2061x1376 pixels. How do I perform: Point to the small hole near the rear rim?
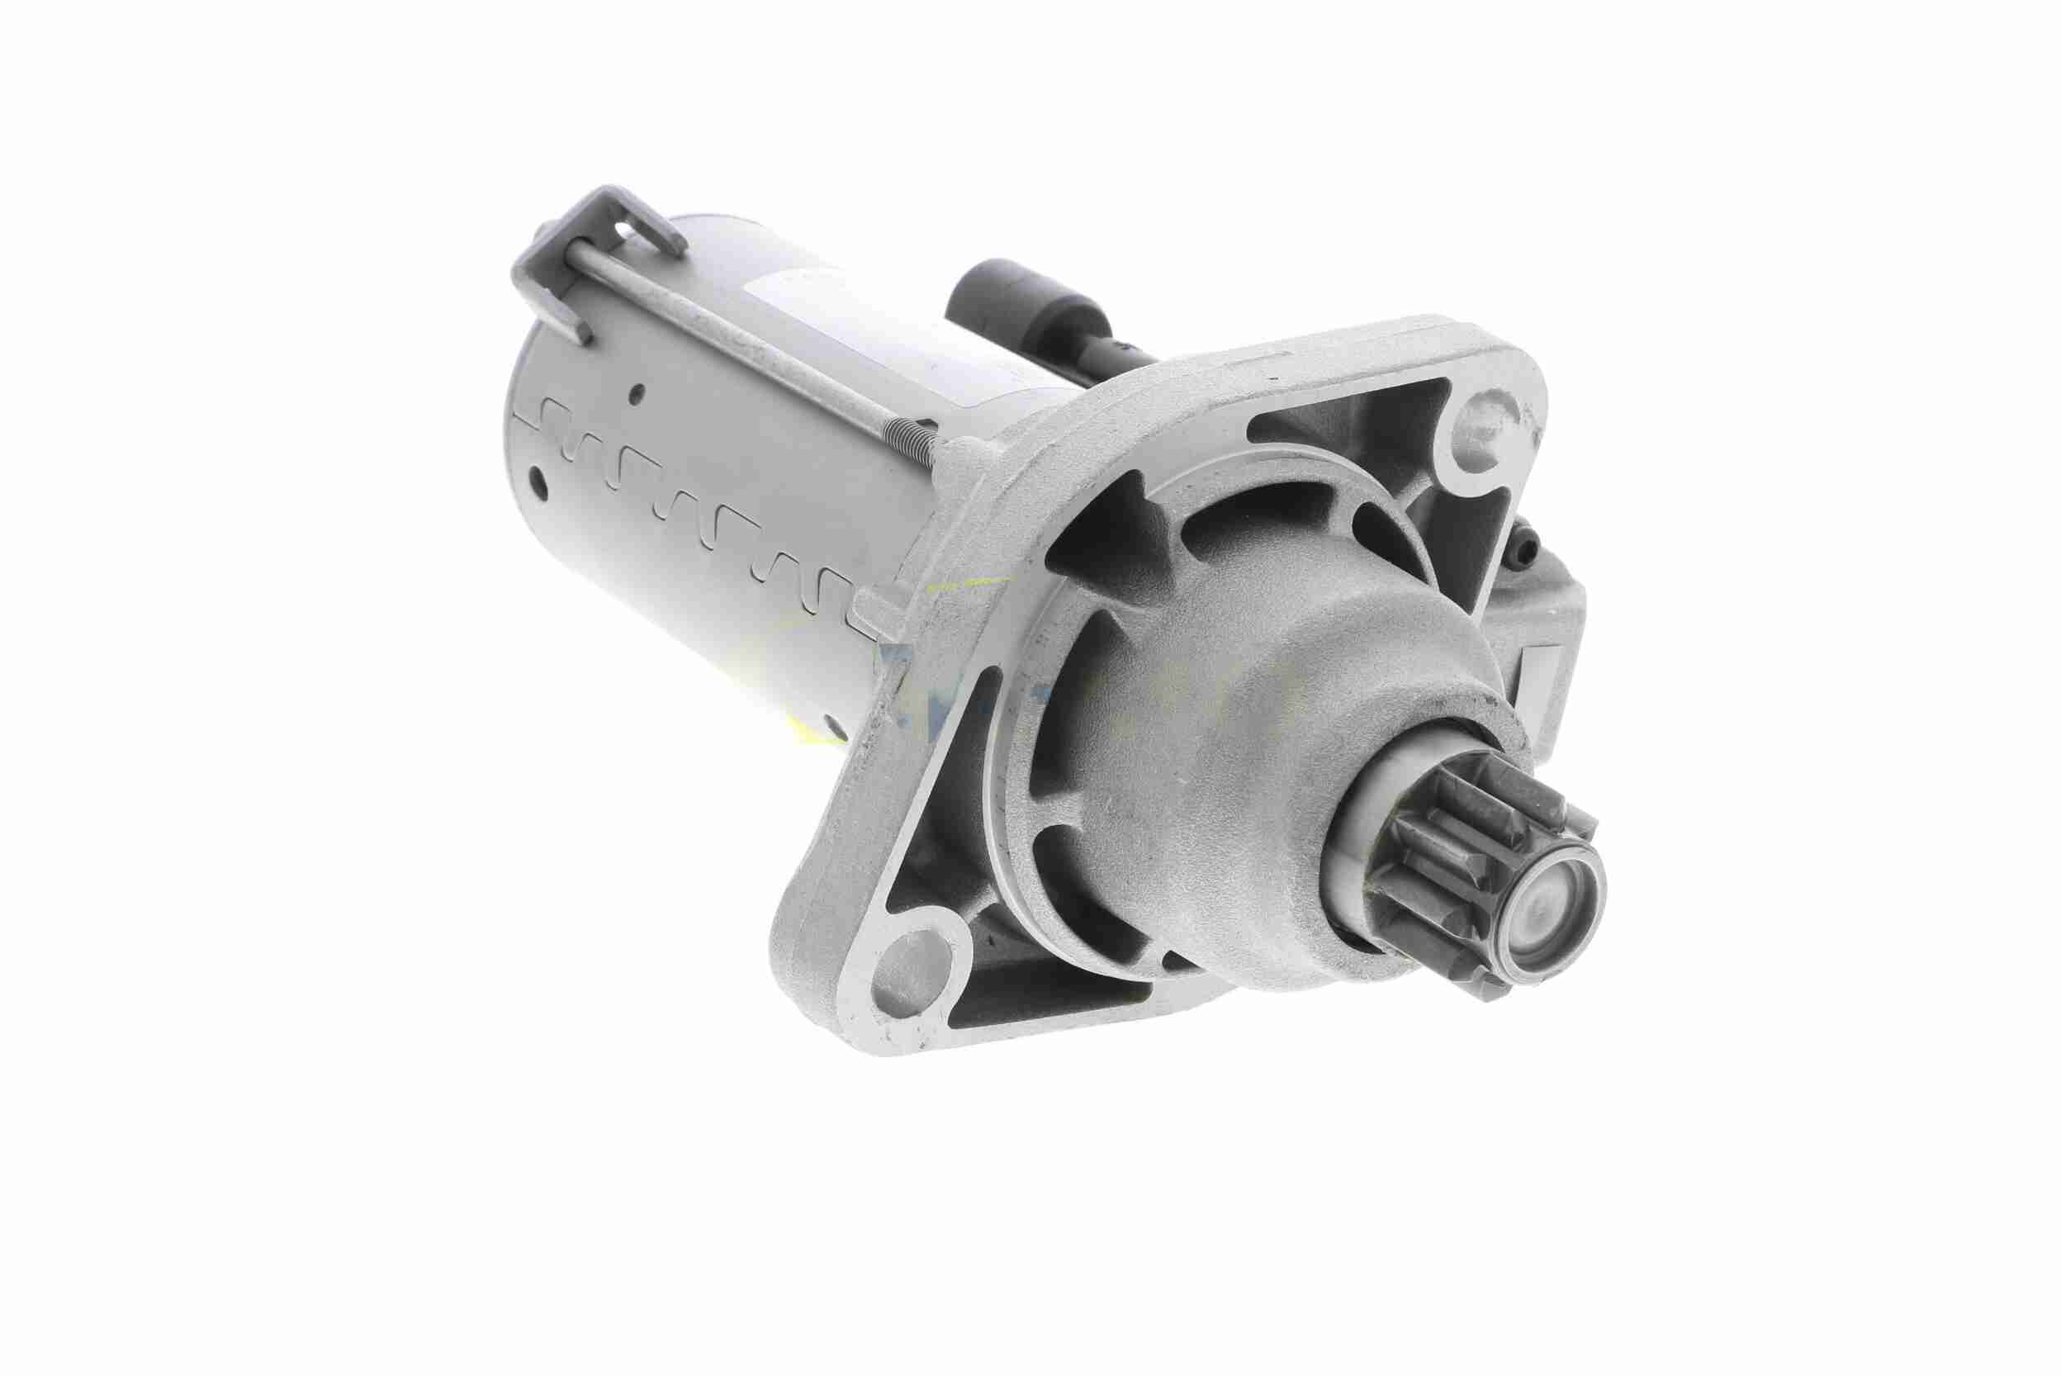(537, 480)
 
